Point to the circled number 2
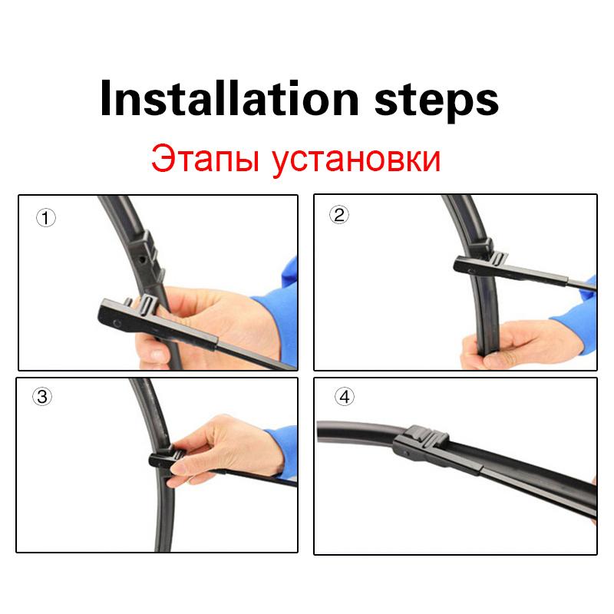coord(339,215)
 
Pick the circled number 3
coord(43,397)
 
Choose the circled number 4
coord(345,397)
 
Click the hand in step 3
coord(230,445)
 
